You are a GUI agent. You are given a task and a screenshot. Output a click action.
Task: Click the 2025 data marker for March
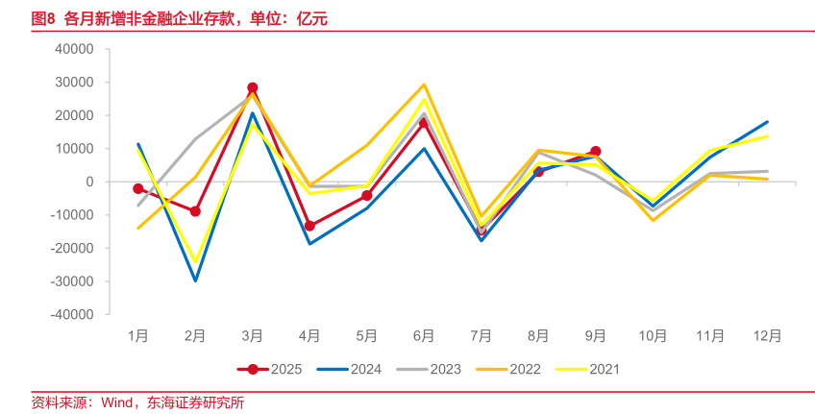(x=253, y=88)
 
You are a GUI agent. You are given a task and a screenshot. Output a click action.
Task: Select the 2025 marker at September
(x=596, y=152)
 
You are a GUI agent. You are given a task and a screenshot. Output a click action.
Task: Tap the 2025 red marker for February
(x=195, y=211)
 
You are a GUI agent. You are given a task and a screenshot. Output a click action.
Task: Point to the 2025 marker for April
(x=309, y=226)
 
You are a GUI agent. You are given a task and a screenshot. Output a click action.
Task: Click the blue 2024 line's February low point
(x=195, y=280)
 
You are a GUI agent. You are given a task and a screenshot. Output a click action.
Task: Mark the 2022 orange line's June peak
(x=424, y=85)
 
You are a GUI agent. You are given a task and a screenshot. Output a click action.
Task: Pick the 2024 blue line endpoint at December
(x=767, y=122)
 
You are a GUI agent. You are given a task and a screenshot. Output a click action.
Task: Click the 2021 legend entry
(x=588, y=369)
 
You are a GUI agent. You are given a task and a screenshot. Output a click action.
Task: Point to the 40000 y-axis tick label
(x=74, y=49)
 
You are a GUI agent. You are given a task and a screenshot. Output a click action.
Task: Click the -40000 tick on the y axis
(x=72, y=314)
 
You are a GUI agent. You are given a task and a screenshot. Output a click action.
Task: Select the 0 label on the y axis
(x=89, y=182)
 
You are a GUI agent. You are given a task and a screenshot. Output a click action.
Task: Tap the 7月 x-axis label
(x=482, y=336)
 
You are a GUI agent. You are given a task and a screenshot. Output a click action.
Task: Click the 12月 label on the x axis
(x=767, y=336)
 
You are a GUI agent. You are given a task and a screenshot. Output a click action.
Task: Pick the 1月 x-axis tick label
(x=138, y=336)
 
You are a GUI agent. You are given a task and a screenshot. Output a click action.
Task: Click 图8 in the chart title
(x=43, y=17)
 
